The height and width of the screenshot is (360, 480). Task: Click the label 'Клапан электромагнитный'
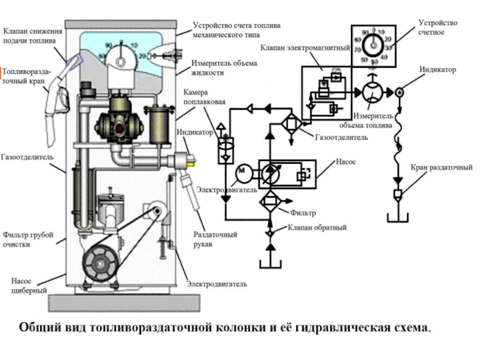[304, 47]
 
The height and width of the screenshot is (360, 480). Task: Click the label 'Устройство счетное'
[437, 27]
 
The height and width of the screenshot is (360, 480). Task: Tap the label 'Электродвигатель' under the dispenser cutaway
[217, 283]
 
